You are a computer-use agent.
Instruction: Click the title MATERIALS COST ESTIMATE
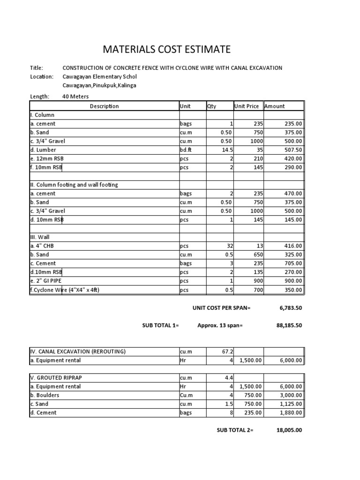[x=166, y=50]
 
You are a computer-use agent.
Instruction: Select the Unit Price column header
[x=247, y=106]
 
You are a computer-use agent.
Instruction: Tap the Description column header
[x=104, y=106]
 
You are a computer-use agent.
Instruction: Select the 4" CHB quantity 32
[x=228, y=246]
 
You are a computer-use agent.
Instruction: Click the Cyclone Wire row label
[x=65, y=290]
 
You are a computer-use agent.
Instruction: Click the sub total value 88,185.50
[x=287, y=325]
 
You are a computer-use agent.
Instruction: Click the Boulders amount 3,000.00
[x=291, y=395]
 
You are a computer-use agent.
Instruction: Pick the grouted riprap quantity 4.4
[x=228, y=378]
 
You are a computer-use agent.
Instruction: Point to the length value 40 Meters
[x=75, y=97]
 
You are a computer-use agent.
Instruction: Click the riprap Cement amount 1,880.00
[x=291, y=413]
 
